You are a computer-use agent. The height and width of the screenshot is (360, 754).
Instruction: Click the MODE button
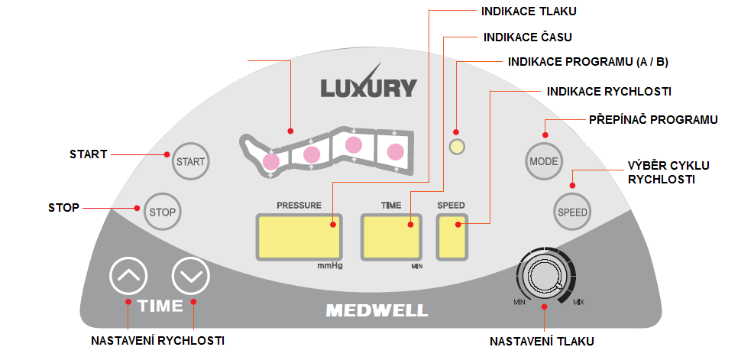coord(544,161)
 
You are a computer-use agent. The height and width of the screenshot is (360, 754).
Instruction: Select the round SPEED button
coord(572,211)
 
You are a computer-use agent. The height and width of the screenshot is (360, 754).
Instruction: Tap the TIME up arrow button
coord(128,276)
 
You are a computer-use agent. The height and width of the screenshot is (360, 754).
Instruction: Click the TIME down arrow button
coord(191,276)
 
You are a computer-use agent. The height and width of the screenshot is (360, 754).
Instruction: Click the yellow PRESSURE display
coord(299,236)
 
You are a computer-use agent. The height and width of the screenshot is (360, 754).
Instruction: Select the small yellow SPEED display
coord(452,236)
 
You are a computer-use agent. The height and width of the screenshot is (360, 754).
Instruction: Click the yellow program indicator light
coord(456,148)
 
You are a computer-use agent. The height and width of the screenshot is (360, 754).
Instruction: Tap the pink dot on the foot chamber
coord(271,161)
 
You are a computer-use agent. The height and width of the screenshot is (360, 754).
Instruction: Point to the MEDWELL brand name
coord(377,311)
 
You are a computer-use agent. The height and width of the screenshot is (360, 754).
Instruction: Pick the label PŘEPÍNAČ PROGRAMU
coord(653,120)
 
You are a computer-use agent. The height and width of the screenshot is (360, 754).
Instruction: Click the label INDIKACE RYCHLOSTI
coord(609,91)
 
